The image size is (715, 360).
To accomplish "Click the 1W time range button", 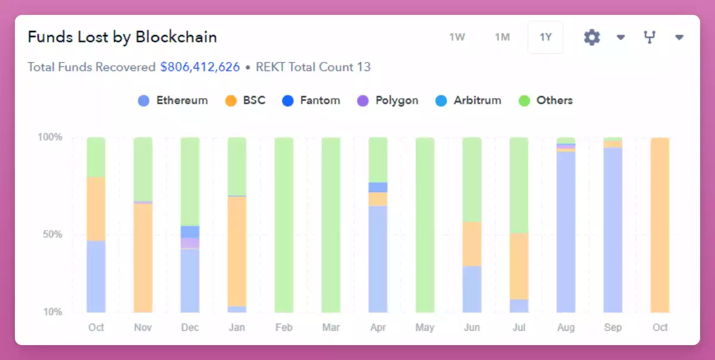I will point(457,37).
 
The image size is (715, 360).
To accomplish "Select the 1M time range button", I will point(502,37).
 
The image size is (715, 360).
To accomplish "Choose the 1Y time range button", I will point(546,37).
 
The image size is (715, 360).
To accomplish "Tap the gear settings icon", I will point(592,38).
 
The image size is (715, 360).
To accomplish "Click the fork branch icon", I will point(649,38).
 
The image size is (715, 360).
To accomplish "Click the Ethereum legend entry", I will point(173,100).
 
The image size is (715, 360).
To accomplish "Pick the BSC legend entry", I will point(245,100).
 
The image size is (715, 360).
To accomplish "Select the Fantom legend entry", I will point(312,100).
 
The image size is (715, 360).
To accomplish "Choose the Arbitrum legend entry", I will point(469,100).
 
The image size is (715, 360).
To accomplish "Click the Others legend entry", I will point(546,100).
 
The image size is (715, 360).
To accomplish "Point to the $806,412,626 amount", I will point(200,67).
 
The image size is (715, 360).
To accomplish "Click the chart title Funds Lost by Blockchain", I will point(122,37).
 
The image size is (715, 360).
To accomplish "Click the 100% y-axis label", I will point(50,138).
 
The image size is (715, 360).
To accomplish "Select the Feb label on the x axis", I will point(284,327).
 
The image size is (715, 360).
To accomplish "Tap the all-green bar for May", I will point(425,225).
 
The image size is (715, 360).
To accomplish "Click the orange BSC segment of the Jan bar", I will point(237,251).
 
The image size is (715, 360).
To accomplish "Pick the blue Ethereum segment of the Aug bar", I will point(566,232).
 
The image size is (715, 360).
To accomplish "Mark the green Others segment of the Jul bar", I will point(518,185).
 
